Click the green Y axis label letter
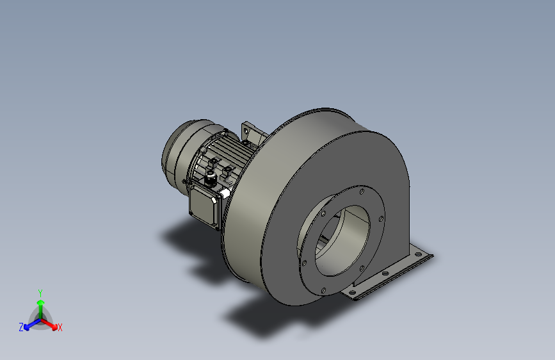pyautogui.click(x=40, y=293)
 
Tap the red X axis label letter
pyautogui.click(x=60, y=328)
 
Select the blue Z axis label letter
pyautogui.click(x=21, y=327)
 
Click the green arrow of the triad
pyautogui.click(x=41, y=309)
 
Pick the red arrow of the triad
pyautogui.click(x=49, y=324)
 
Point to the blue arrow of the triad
pyautogui.click(x=32, y=324)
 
